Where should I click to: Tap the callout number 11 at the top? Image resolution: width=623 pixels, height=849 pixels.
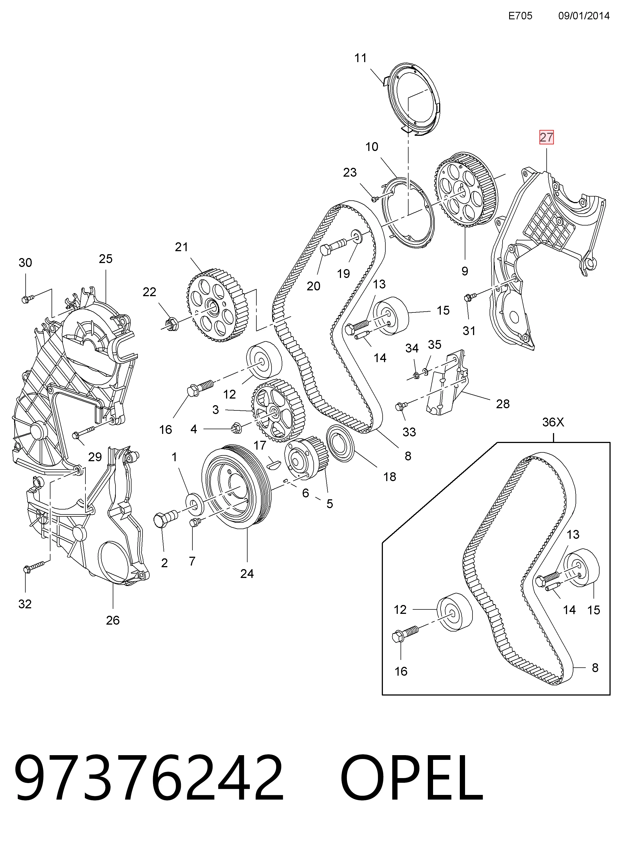361,58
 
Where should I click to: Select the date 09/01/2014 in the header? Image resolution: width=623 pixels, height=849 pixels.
584,15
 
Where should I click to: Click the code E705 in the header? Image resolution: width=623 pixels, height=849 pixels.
520,15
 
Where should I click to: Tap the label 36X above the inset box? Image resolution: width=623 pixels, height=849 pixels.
553,422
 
